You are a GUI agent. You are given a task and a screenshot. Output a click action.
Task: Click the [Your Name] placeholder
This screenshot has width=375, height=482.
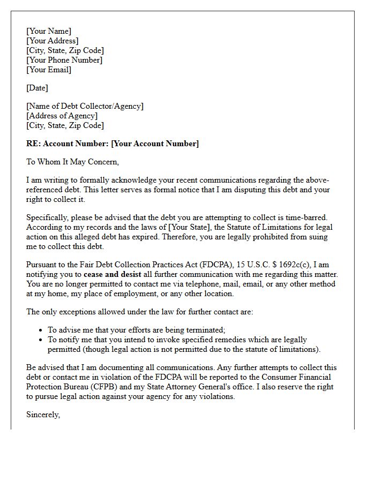(x=48, y=31)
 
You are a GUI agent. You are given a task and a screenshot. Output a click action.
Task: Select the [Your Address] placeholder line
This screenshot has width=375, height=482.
(x=52, y=41)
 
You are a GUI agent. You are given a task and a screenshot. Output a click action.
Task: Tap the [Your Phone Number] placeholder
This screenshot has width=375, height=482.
(x=64, y=60)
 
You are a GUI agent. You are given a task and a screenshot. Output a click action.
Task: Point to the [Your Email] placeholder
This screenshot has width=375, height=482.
(x=48, y=70)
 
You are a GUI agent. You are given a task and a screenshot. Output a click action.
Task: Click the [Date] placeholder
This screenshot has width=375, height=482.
(x=37, y=88)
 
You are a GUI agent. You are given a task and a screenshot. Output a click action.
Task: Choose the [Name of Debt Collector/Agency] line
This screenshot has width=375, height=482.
(x=85, y=106)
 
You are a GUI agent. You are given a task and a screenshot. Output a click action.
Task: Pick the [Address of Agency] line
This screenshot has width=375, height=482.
(x=62, y=116)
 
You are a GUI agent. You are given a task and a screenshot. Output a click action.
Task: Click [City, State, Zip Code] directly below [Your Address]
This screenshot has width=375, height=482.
(x=65, y=50)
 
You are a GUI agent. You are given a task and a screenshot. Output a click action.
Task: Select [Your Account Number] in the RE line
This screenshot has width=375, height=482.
(x=155, y=144)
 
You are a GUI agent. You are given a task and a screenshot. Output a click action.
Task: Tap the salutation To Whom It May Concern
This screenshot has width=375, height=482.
(x=72, y=162)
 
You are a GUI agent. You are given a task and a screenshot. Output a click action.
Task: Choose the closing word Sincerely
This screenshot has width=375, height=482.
(x=43, y=415)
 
